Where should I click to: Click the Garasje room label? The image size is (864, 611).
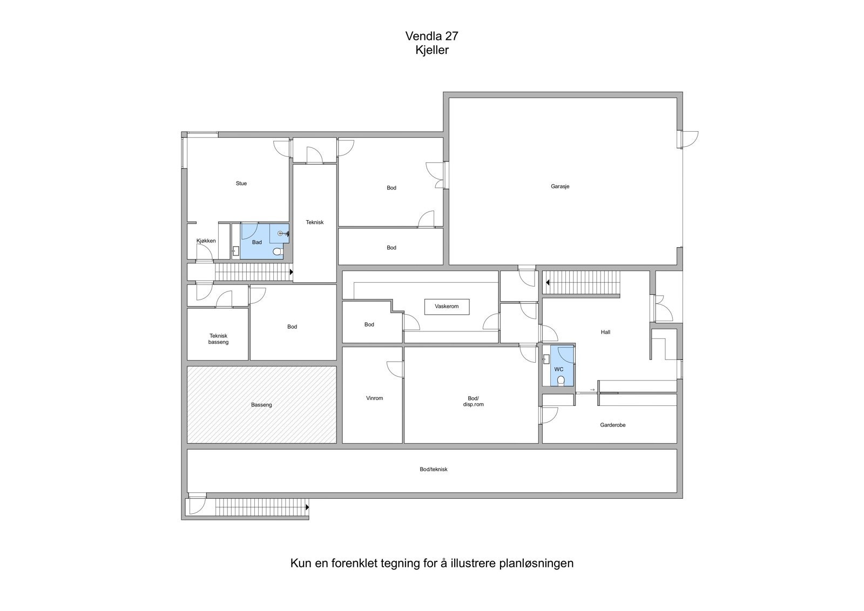[x=560, y=187]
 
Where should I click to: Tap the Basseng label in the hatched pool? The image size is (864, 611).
[x=261, y=405]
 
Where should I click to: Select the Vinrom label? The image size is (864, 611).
[x=374, y=398]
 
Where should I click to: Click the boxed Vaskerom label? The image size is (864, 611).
[x=447, y=307]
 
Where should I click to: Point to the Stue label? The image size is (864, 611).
[x=241, y=184]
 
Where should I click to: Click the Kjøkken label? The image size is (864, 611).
[x=206, y=241]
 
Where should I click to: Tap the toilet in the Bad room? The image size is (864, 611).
[x=277, y=252]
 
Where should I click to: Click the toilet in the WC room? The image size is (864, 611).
[x=561, y=381]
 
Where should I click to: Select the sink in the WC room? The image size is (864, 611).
[x=546, y=358]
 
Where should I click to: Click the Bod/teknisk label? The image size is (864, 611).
[x=434, y=470]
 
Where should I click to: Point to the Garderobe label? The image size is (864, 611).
[x=612, y=425]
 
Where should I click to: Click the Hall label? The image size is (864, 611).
[x=605, y=332]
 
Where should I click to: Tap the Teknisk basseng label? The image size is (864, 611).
[x=218, y=339]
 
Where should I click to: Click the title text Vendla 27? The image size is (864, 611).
[x=431, y=36]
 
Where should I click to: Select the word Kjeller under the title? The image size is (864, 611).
[x=432, y=50]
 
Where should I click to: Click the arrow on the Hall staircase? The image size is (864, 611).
[x=547, y=282]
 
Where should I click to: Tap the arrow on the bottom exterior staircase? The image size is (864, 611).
[x=307, y=507]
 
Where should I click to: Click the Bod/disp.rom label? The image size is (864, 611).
[x=473, y=401]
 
